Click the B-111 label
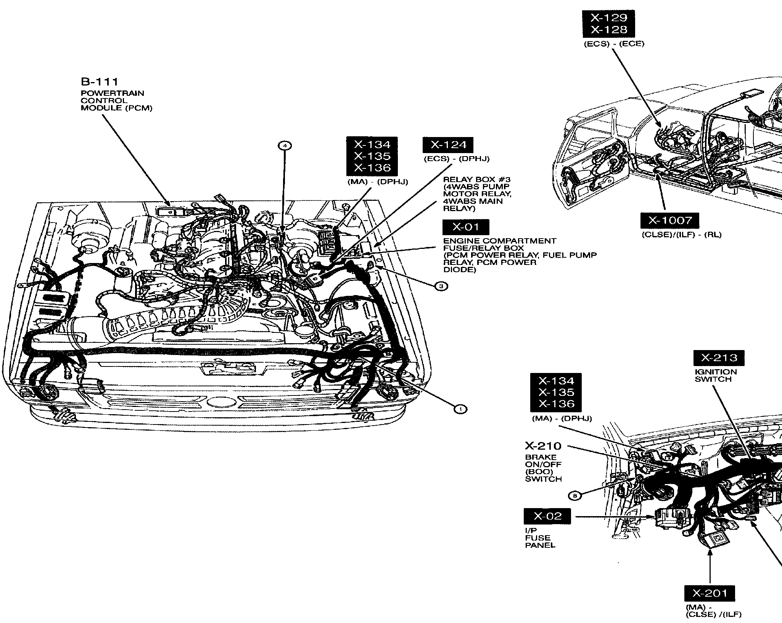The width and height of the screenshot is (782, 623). [x=99, y=82]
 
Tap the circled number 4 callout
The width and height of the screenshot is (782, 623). [x=285, y=145]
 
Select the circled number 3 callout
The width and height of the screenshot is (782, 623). [x=441, y=286]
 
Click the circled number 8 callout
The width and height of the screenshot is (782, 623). [x=575, y=496]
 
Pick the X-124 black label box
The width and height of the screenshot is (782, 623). [x=447, y=145]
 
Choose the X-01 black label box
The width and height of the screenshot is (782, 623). [x=465, y=227]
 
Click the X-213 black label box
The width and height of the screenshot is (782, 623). [x=719, y=358]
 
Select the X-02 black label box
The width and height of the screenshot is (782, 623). [x=547, y=517]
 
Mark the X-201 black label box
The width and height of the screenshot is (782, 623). [x=710, y=593]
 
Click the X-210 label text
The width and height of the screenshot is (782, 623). [x=543, y=446]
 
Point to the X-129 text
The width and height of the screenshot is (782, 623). [x=609, y=18]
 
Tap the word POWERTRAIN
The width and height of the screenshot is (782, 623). [x=112, y=93]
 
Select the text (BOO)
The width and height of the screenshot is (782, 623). [x=538, y=472]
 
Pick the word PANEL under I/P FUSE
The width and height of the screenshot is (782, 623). [x=540, y=545]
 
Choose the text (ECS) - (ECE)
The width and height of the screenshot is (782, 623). [x=614, y=44]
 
